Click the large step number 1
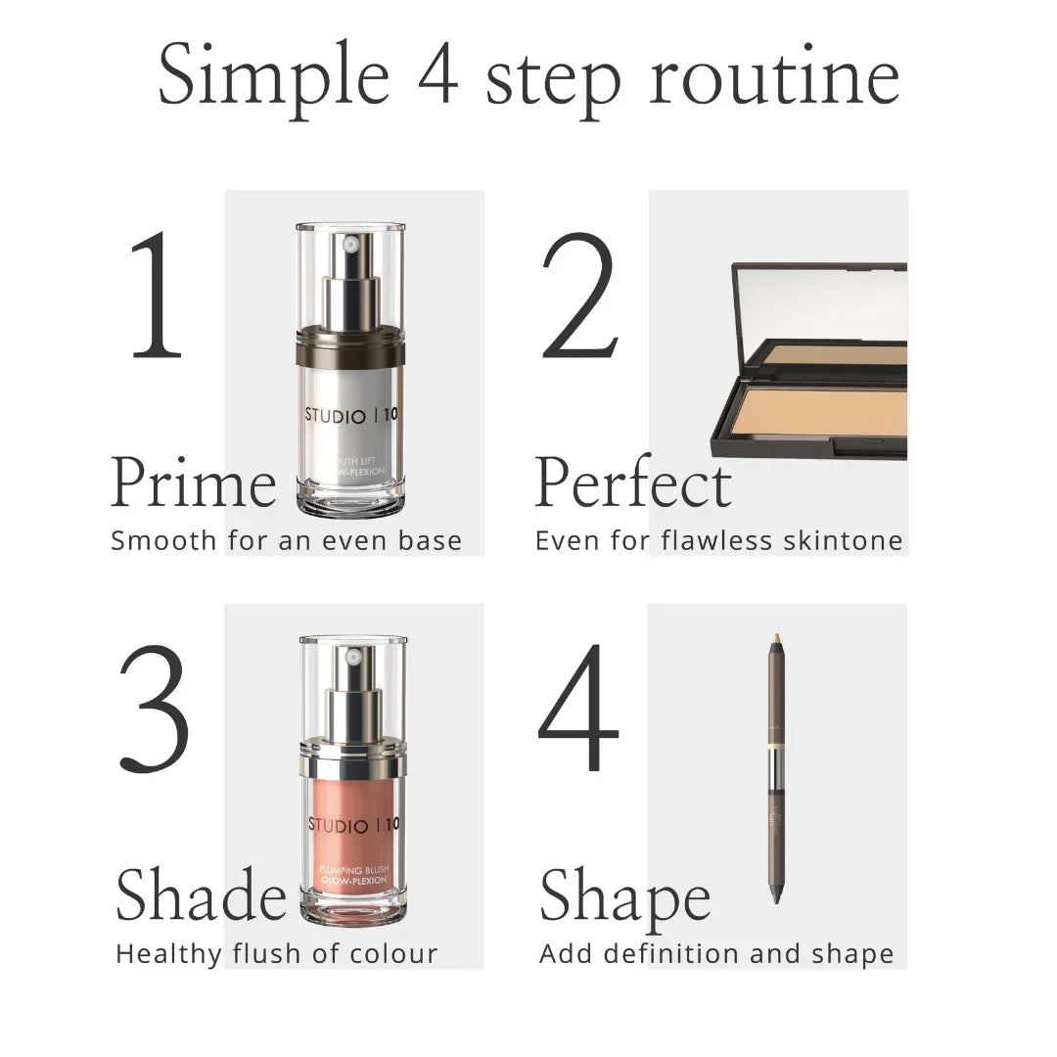click(x=157, y=295)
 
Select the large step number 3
click(x=154, y=707)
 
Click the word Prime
click(x=194, y=483)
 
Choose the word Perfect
click(x=633, y=483)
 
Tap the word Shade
click(x=201, y=896)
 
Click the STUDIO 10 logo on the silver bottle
click(x=350, y=415)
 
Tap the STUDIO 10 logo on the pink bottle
click(x=353, y=825)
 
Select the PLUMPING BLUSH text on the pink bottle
click(x=352, y=870)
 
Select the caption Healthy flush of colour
click(x=276, y=953)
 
